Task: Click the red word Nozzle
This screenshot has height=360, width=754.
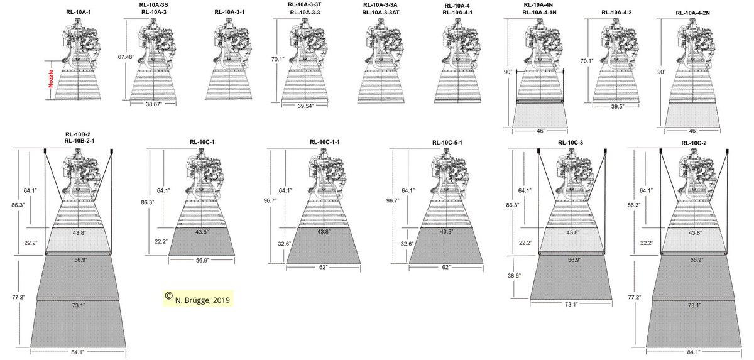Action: [51, 79]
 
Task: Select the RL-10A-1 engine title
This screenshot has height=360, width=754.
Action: [79, 12]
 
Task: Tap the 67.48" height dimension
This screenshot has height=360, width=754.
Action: [126, 57]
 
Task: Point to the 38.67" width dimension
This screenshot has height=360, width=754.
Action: [154, 104]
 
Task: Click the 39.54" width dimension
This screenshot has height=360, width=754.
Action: [305, 106]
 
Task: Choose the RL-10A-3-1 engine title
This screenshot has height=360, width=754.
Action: [229, 12]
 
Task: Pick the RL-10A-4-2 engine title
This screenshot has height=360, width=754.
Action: [616, 13]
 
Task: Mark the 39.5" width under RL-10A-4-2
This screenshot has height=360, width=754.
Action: [617, 106]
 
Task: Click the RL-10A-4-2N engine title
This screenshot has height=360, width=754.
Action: [692, 13]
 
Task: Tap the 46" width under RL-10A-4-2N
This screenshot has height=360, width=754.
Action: [693, 131]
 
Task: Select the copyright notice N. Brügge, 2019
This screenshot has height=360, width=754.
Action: [202, 300]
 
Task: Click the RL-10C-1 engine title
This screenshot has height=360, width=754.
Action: [202, 142]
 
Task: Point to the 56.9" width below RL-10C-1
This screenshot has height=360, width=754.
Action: [202, 260]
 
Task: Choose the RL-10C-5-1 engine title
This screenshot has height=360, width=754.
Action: [447, 143]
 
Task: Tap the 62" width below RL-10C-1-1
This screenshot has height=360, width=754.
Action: [323, 267]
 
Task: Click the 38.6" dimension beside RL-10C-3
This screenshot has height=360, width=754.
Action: [514, 276]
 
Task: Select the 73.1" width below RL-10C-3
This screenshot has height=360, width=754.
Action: [571, 304]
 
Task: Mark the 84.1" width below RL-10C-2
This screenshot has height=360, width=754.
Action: [694, 352]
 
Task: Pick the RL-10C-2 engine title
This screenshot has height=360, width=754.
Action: [694, 143]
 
